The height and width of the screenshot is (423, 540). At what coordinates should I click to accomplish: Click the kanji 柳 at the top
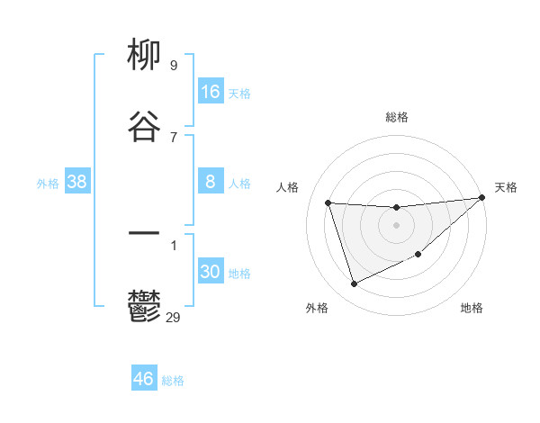pyautogui.click(x=144, y=56)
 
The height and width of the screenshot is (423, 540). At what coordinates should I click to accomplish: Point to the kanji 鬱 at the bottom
pyautogui.click(x=144, y=307)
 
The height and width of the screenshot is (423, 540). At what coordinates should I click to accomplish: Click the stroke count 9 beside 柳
pyautogui.click(x=173, y=65)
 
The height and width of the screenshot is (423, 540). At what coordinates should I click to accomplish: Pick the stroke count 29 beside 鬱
pyautogui.click(x=174, y=316)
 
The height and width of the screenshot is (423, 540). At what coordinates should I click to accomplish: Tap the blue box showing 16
pyautogui.click(x=211, y=92)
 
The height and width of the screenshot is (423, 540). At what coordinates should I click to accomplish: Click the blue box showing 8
pyautogui.click(x=211, y=182)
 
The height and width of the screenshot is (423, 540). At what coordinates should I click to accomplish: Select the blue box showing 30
pyautogui.click(x=211, y=272)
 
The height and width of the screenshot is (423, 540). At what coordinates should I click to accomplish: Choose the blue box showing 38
pyautogui.click(x=77, y=182)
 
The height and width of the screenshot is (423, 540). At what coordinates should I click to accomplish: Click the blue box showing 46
pyautogui.click(x=144, y=379)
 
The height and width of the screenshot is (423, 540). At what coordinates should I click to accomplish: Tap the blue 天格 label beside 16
pyautogui.click(x=239, y=94)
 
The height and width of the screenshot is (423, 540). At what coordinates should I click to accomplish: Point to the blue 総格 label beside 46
pyautogui.click(x=173, y=381)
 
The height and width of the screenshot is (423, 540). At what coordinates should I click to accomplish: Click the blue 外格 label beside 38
pyautogui.click(x=48, y=184)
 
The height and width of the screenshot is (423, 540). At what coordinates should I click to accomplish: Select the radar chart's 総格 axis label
pyautogui.click(x=397, y=117)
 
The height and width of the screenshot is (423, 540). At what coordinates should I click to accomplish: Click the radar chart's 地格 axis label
pyautogui.click(x=472, y=308)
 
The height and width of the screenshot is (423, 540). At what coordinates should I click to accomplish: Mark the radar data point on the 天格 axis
pyautogui.click(x=481, y=198)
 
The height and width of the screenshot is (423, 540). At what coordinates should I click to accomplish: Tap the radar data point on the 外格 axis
pyautogui.click(x=355, y=283)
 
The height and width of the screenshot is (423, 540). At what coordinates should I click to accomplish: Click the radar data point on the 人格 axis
pyautogui.click(x=328, y=202)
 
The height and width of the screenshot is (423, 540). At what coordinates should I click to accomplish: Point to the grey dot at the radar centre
pyautogui.click(x=397, y=225)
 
